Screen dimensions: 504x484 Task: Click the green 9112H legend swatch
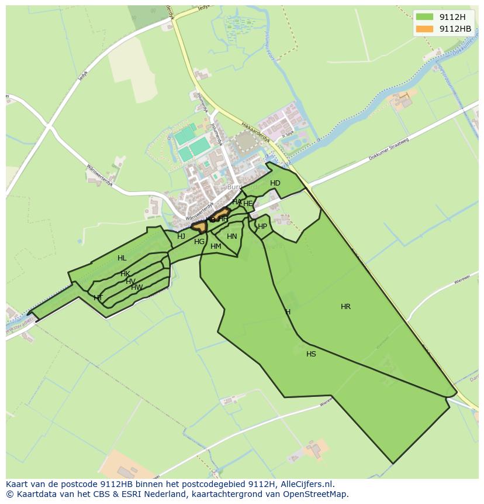pos(425,17)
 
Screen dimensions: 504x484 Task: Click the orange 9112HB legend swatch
pos(425,29)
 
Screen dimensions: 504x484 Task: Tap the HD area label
pos(275,183)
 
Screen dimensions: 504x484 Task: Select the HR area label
pos(345,307)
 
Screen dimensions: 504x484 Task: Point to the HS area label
pos(311,354)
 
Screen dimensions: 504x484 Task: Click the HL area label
pos(122,258)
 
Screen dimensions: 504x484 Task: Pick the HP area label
pos(262,227)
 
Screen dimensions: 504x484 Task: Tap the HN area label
pos(232,236)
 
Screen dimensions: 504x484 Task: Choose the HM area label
pos(216,246)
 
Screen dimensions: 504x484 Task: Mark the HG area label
pos(199,242)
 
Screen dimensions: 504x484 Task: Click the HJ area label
pos(181,236)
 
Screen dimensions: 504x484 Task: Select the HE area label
pos(248,204)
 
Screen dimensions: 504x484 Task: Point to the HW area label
pos(137,287)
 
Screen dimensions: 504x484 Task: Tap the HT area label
pos(98,298)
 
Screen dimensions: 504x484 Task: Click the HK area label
pos(125,274)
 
